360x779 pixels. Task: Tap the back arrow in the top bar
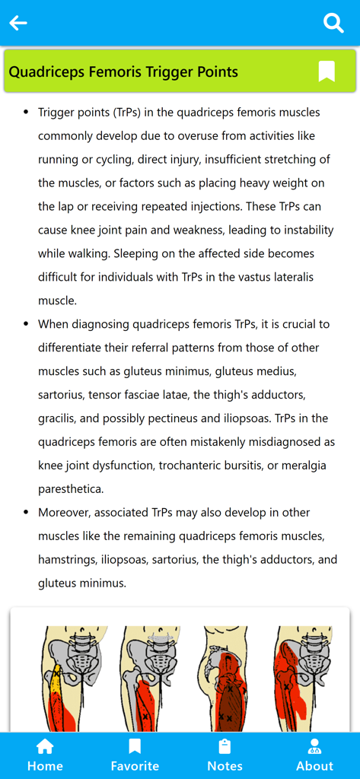tap(18, 23)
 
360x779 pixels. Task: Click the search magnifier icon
tap(333, 23)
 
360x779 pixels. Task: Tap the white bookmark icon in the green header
tap(327, 72)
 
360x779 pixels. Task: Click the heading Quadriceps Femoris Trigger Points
tap(123, 72)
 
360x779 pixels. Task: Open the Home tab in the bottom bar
tap(45, 755)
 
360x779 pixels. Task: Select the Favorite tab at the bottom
tap(135, 755)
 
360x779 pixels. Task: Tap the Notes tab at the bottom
tap(225, 755)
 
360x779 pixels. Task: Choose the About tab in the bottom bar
tap(314, 755)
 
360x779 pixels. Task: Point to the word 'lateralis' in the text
tap(288, 277)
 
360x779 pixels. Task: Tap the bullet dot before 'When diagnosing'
tap(27, 324)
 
